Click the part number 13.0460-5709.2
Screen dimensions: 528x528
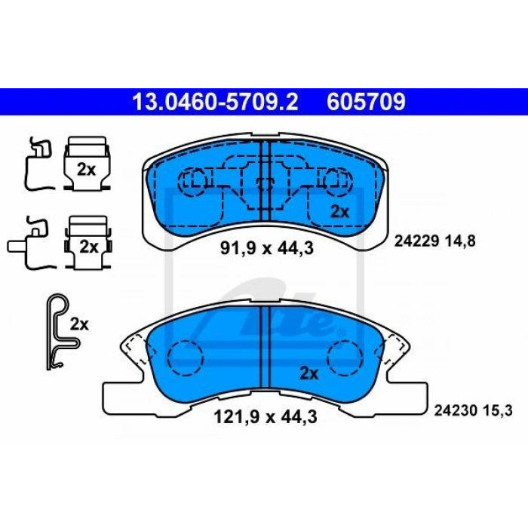216,102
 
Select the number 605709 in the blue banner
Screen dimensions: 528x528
367,102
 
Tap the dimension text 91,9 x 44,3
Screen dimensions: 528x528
267,248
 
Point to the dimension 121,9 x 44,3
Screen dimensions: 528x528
266,418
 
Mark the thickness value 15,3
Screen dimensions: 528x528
499,411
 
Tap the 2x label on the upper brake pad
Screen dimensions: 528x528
339,212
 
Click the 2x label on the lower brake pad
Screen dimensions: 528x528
309,373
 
